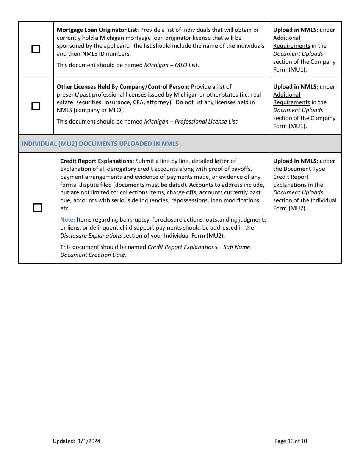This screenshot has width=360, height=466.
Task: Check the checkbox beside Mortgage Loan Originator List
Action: pyautogui.click(x=36, y=49)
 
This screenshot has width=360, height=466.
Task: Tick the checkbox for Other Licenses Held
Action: pyautogui.click(x=36, y=106)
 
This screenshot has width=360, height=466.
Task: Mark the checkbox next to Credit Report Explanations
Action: pyautogui.click(x=38, y=208)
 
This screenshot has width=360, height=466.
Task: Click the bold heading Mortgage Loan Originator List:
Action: pyautogui.click(x=98, y=30)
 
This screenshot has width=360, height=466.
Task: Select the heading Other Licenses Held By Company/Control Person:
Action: pyautogui.click(x=123, y=87)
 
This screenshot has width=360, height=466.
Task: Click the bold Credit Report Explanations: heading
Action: pyautogui.click(x=97, y=161)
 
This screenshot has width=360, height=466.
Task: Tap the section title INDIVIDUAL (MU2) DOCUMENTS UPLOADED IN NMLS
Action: pyautogui.click(x=100, y=144)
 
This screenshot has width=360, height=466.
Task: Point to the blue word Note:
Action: pyautogui.click(x=67, y=220)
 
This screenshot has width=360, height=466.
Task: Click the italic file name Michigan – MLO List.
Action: pyautogui.click(x=171, y=65)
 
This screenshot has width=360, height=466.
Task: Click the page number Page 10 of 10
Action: pyautogui.click(x=291, y=441)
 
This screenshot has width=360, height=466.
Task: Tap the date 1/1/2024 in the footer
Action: pyautogui.click(x=89, y=441)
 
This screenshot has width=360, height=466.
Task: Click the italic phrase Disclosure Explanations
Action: pyautogui.click(x=91, y=236)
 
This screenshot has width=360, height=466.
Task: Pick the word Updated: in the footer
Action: pyautogui.click(x=64, y=441)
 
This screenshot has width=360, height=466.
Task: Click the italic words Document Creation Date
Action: pyautogui.click(x=92, y=255)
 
